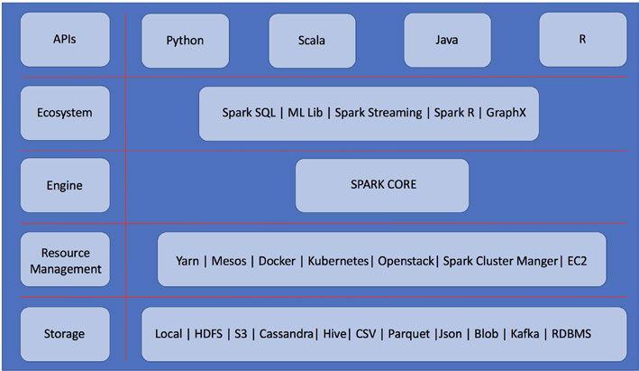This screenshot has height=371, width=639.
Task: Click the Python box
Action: click(x=186, y=41)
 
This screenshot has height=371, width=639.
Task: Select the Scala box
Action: click(x=312, y=41)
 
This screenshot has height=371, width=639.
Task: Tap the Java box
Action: click(x=447, y=41)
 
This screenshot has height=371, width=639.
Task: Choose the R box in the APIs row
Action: click(x=582, y=41)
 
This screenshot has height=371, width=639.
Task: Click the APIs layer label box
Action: click(x=64, y=40)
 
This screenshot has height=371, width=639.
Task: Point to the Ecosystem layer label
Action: click(x=64, y=113)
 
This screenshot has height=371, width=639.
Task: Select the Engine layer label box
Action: click(x=64, y=186)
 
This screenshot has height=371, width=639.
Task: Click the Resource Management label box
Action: click(x=64, y=260)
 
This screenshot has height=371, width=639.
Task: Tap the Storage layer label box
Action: click(x=64, y=334)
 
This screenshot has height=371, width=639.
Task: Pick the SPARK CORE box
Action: click(x=382, y=185)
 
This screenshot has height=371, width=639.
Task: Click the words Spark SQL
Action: click(x=250, y=113)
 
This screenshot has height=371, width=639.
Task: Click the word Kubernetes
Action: click(x=338, y=261)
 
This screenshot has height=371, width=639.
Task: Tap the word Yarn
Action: click(x=188, y=261)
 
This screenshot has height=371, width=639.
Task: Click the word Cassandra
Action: click(x=286, y=334)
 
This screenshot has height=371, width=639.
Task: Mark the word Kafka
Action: click(x=524, y=334)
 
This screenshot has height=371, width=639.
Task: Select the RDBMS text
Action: click(x=571, y=334)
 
